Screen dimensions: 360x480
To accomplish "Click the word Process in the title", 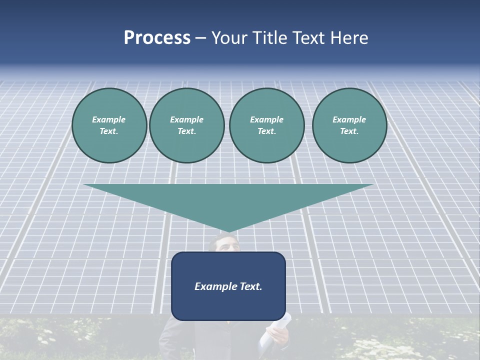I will click(157, 38).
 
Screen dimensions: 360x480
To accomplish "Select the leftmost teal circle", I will click(109, 125).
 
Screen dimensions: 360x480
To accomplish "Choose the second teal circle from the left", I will click(186, 125).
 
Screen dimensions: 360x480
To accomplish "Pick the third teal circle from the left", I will click(266, 125).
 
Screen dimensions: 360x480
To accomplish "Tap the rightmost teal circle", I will click(349, 125).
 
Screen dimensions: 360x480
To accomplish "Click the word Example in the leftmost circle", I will click(109, 119).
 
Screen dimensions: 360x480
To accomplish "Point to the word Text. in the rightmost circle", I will click(349, 131).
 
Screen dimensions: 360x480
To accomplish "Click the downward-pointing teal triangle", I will click(228, 200).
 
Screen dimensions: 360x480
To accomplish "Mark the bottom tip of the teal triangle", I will click(228, 232).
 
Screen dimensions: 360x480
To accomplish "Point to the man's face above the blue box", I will click(223, 244).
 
